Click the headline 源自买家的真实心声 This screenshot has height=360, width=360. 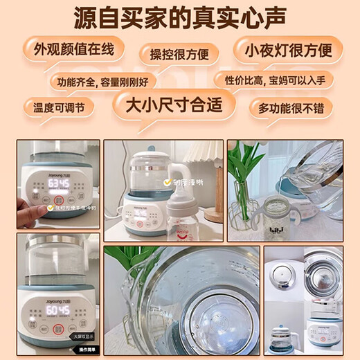click(x=179, y=19)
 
